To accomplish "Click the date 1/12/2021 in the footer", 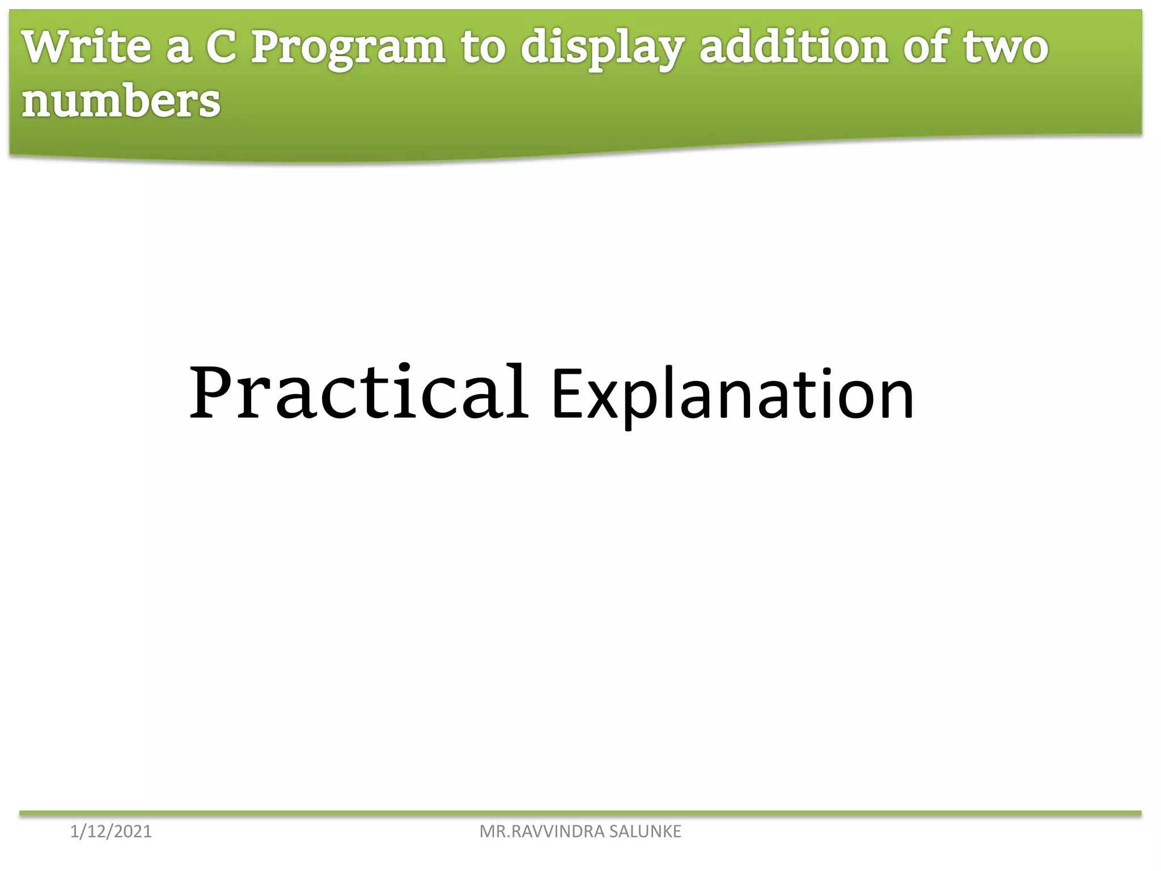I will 111,831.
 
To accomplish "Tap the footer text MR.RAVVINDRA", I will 542,831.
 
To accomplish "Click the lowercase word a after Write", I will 178,49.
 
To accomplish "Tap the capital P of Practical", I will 213,392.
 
